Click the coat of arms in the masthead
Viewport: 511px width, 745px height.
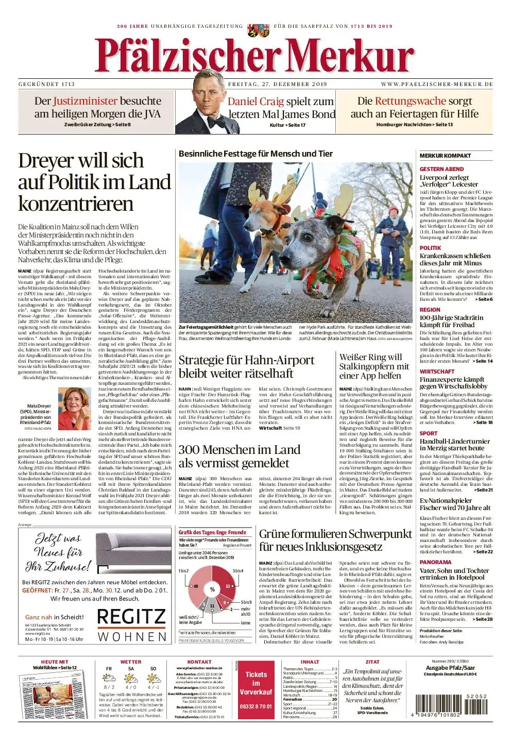(258, 29)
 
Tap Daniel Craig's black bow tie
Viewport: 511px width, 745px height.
(215, 123)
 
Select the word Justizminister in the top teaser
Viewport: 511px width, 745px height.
(86, 101)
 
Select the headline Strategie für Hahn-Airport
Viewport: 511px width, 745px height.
(246, 366)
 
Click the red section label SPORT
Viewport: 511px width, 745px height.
(428, 433)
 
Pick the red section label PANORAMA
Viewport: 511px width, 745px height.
(435, 562)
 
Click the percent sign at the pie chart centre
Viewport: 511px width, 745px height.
(212, 589)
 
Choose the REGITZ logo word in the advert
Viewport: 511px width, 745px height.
(131, 617)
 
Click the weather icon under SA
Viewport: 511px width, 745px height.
(131, 676)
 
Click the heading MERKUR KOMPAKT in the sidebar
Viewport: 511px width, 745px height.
(445, 156)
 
